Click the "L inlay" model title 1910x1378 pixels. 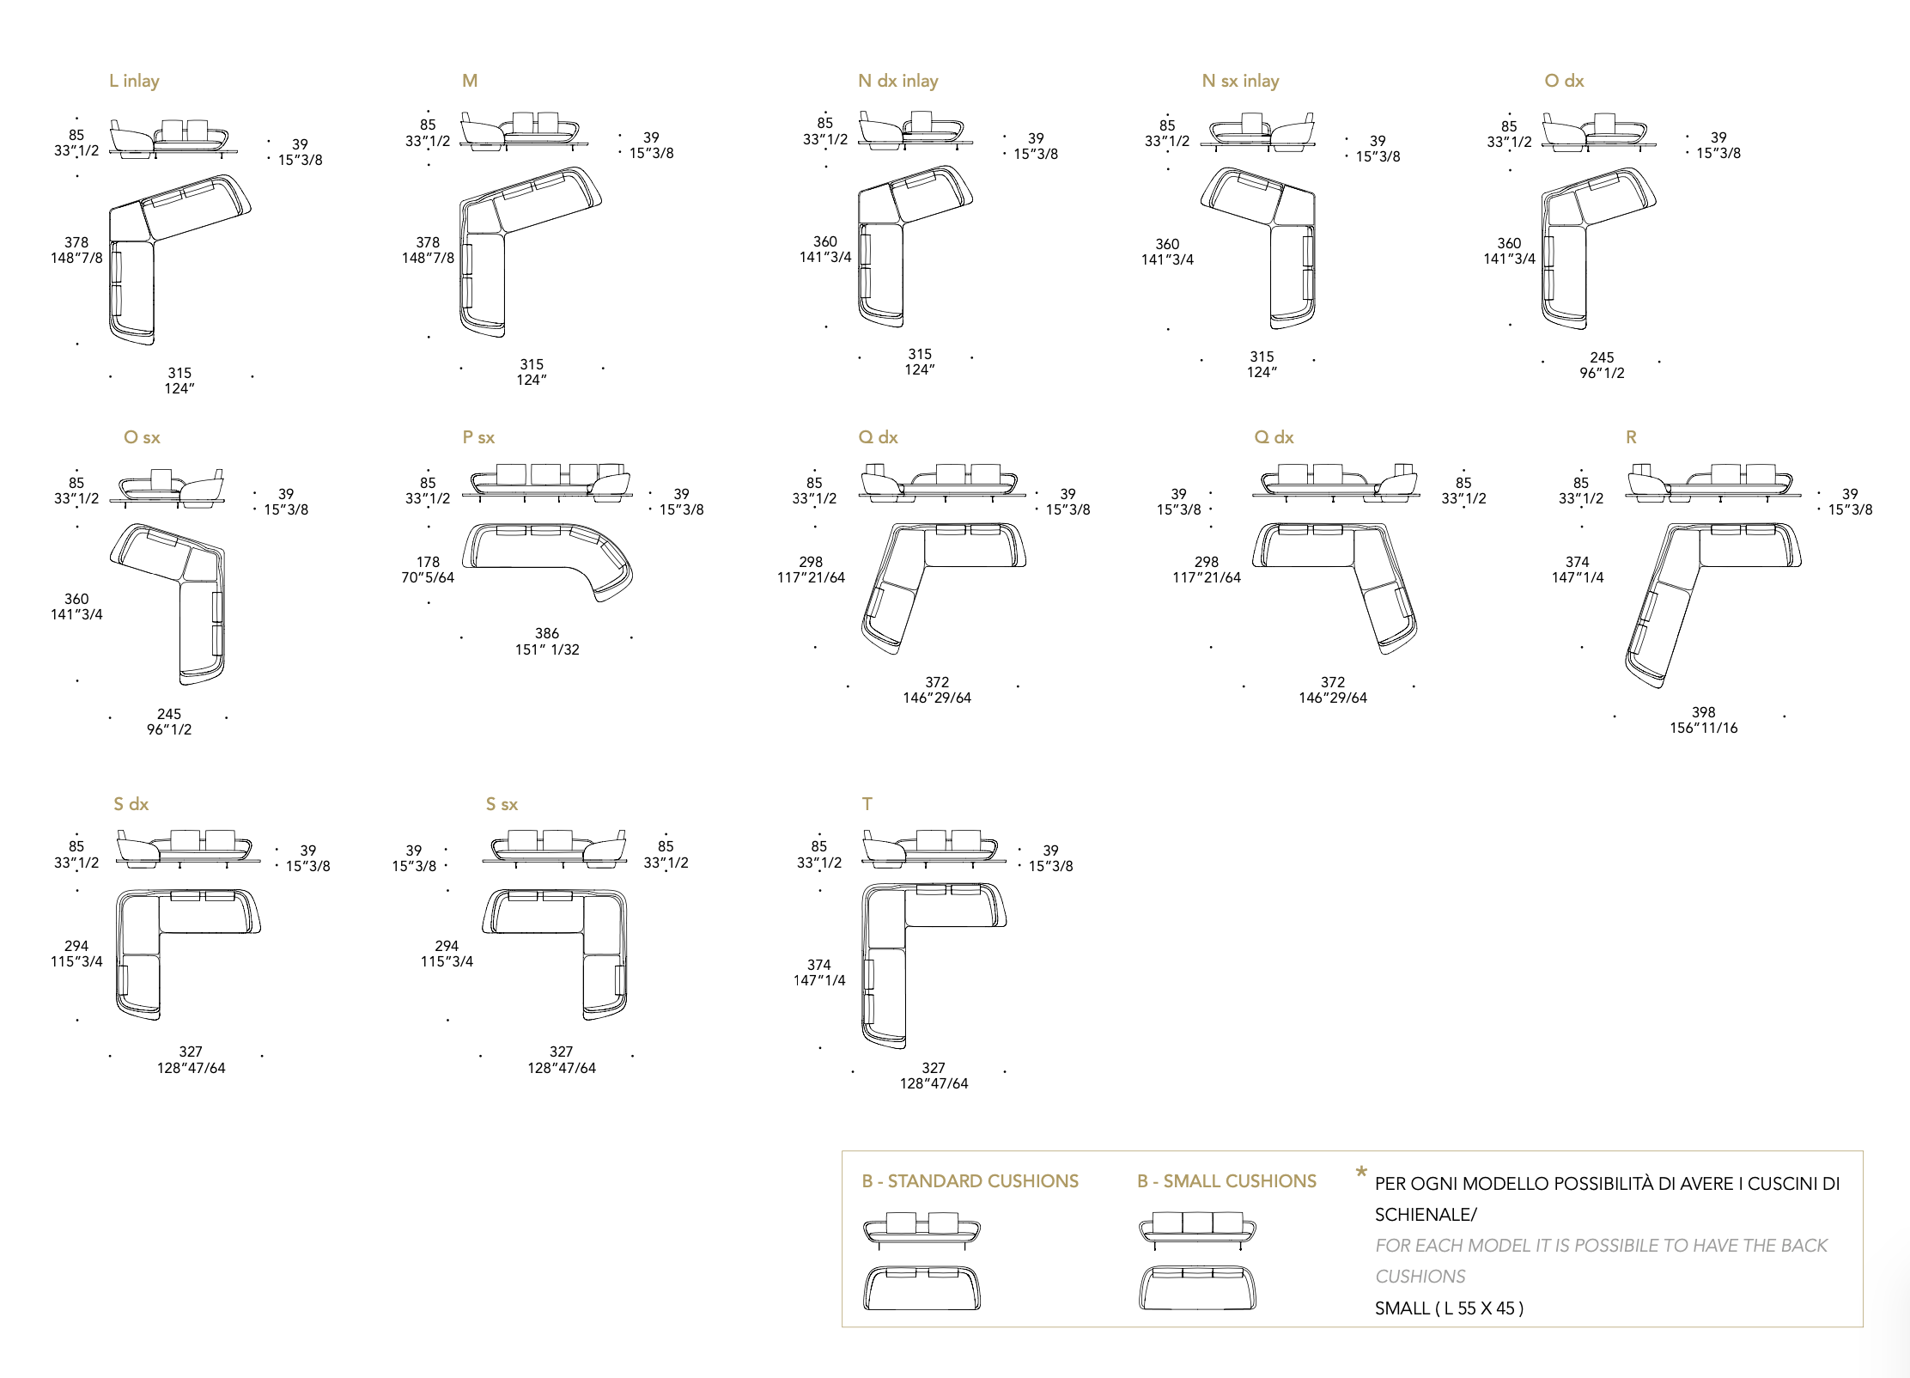[134, 81]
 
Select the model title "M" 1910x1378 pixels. [470, 81]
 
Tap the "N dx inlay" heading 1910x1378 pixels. [898, 81]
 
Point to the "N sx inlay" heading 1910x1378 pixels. [1241, 81]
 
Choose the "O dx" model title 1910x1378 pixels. [1564, 81]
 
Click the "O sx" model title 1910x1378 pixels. [142, 437]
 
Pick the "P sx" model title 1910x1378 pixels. [478, 437]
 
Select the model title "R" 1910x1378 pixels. [1631, 437]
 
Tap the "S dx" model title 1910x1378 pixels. [131, 804]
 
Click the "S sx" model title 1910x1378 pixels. [502, 804]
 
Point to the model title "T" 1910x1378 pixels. [867, 804]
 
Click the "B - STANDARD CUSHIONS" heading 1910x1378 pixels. [970, 1181]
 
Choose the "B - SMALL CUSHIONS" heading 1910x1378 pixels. [1226, 1181]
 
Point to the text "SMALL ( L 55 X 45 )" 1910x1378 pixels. [1449, 1308]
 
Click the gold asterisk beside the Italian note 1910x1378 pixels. [1361, 1172]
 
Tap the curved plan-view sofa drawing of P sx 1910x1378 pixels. [548, 561]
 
